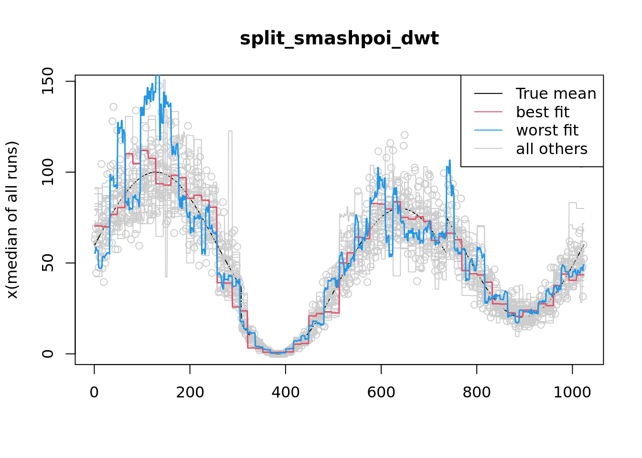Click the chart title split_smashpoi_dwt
tap(339, 38)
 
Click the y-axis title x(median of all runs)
tap(12, 220)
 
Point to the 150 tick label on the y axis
tap(47, 81)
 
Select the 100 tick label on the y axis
tap(47, 172)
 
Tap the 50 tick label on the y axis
tap(47, 263)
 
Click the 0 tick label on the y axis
tap(47, 354)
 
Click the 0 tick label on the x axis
tap(95, 392)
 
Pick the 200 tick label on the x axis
tap(190, 392)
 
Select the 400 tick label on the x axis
tap(286, 392)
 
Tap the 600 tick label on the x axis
tap(381, 392)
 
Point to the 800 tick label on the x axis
tap(477, 392)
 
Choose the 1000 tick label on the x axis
tap(572, 392)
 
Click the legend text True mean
tap(556, 94)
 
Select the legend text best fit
tap(543, 112)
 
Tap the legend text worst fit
tap(547, 130)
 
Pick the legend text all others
tap(552, 149)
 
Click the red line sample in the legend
tap(488, 112)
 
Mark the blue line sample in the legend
tap(488, 130)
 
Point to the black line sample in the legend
tap(488, 94)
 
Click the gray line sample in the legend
tap(488, 149)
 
